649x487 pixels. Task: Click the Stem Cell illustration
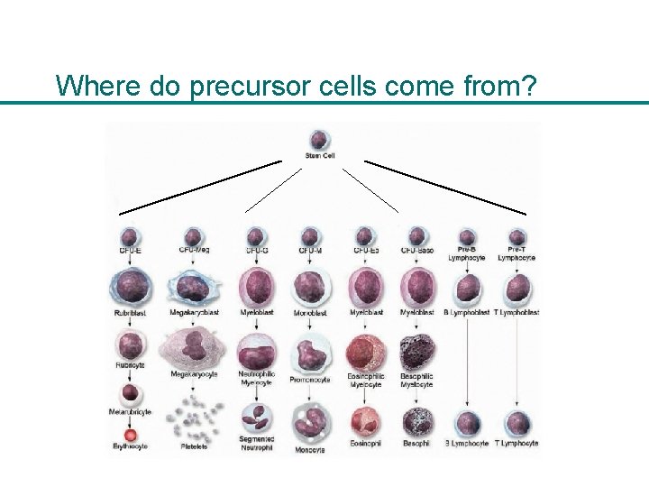[319, 140]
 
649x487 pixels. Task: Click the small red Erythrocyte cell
[131, 432]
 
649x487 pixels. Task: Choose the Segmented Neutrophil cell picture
[257, 418]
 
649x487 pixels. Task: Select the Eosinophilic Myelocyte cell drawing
[365, 352]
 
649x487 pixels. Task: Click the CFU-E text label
[131, 250]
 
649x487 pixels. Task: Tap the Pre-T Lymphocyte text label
[516, 253]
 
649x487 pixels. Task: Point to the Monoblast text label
[310, 313]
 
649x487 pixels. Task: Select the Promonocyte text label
[310, 380]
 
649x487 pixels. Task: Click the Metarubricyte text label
[131, 412]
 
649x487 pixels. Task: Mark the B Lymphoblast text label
[466, 312]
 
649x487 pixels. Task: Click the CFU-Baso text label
[416, 250]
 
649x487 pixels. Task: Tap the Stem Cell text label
[319, 156]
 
